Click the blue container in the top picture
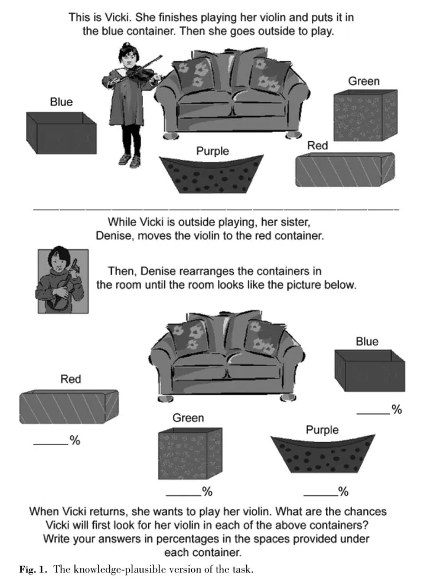(61, 134)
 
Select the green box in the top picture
(364, 116)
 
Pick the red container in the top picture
(344, 169)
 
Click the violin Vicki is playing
(142, 69)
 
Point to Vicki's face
(128, 57)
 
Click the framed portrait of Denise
(63, 280)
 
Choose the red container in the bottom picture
(69, 407)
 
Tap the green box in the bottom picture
(190, 453)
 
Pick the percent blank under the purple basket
(319, 493)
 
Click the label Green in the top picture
(363, 81)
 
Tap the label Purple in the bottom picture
(322, 430)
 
